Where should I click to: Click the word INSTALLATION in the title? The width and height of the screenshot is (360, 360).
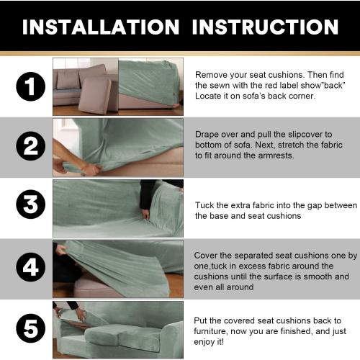pyautogui.click(x=101, y=27)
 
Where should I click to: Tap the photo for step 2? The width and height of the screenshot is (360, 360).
pyautogui.click(x=117, y=147)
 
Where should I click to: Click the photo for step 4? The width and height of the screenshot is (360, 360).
pyautogui.click(x=117, y=268)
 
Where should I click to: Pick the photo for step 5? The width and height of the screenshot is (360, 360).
pyautogui.click(x=117, y=328)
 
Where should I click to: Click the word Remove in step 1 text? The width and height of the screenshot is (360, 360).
pyautogui.click(x=211, y=74)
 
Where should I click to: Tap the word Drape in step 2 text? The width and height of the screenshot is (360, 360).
pyautogui.click(x=208, y=134)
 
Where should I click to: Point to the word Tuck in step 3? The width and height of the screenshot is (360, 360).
pyautogui.click(x=205, y=204)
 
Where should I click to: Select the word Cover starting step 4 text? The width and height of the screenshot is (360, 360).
pyautogui.click(x=208, y=256)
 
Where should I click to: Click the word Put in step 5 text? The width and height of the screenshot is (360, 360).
pyautogui.click(x=202, y=320)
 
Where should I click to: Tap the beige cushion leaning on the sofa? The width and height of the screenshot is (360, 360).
pyautogui.click(x=95, y=95)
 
